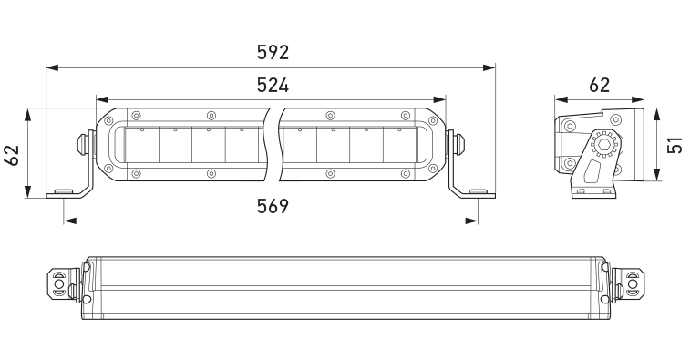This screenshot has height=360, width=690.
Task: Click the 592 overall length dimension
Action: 273,52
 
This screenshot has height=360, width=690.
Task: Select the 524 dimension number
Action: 273,86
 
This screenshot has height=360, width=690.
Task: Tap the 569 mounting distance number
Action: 273,206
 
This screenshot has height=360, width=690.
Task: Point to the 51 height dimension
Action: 675,145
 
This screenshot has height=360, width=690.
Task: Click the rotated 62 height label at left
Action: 13,155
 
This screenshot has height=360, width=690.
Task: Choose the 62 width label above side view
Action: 600,86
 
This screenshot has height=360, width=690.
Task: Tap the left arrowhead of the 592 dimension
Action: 52,67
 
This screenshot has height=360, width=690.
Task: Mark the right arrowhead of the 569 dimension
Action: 472,221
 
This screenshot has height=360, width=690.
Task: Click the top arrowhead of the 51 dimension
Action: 656,114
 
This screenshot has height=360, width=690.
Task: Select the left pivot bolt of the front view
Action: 83,142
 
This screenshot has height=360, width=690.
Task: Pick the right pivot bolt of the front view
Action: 458,142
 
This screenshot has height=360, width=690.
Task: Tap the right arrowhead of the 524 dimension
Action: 439,100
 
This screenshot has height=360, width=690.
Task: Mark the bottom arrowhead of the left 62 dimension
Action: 27,192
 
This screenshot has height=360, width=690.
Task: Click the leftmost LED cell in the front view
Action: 141,145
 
